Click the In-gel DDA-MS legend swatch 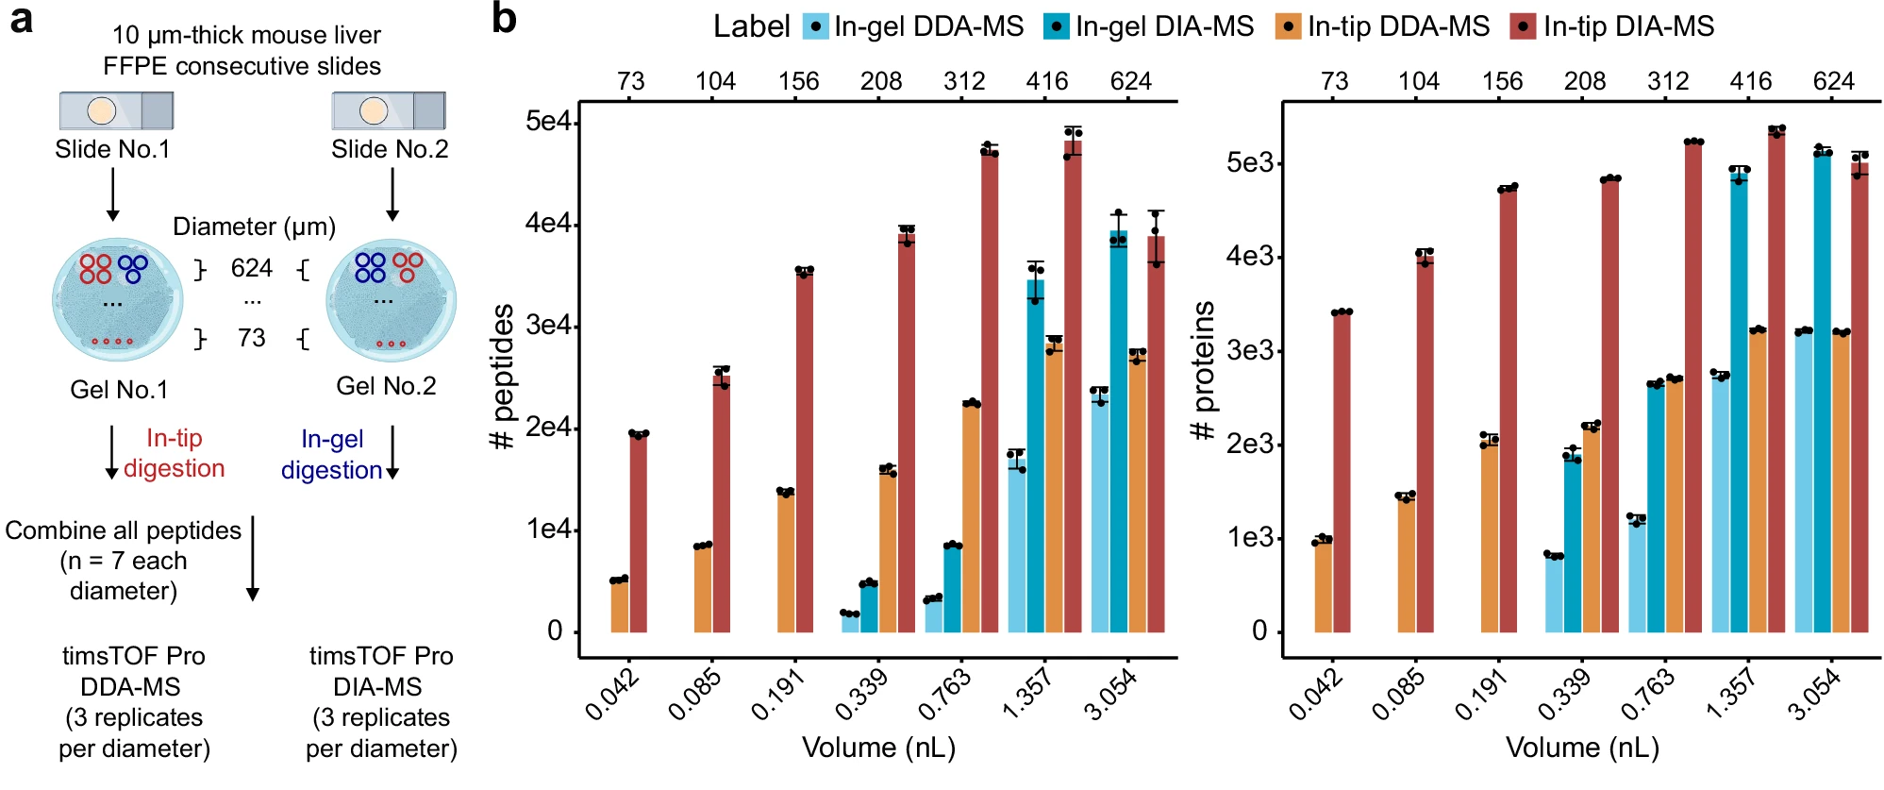tap(816, 26)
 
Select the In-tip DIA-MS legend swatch tap(1523, 26)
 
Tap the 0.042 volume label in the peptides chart tap(613, 694)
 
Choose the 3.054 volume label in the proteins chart tap(1814, 694)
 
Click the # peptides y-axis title tap(503, 376)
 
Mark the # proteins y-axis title tap(1205, 371)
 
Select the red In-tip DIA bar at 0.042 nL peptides tap(639, 532)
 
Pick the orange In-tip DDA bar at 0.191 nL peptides tap(786, 562)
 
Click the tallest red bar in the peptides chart tap(1073, 386)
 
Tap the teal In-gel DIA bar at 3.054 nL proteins tap(1822, 392)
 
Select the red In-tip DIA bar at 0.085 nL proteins tap(1425, 444)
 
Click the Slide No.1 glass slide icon tap(116, 111)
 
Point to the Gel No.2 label tap(386, 386)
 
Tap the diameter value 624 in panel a tap(252, 269)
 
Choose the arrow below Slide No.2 tap(392, 194)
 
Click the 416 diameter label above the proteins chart tap(1750, 81)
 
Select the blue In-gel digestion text tap(332, 454)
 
